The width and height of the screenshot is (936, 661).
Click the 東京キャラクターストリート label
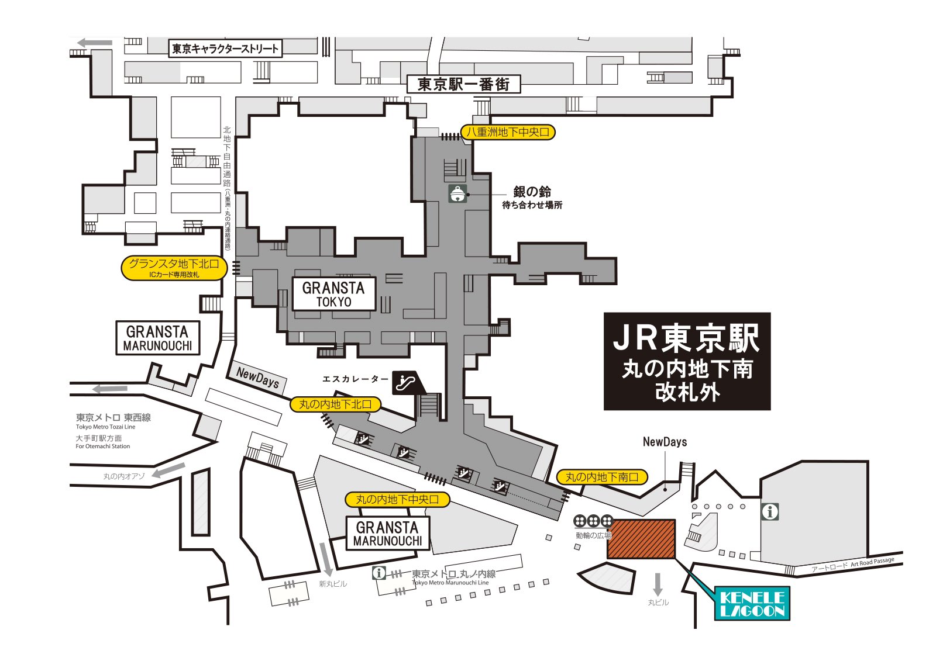[225, 49]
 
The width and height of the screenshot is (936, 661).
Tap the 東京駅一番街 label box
[463, 84]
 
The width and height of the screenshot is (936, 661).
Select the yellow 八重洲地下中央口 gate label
[507, 133]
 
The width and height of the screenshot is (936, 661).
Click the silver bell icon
[457, 193]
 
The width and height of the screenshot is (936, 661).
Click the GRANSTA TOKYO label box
[333, 294]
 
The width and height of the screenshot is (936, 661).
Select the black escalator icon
[407, 382]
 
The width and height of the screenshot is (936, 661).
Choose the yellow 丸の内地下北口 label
[335, 404]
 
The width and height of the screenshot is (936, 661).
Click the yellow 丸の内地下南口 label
[601, 477]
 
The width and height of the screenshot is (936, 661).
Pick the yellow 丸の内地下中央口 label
[397, 500]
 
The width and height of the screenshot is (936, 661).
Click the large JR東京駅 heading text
[686, 339]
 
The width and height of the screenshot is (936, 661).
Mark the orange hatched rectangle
[641, 539]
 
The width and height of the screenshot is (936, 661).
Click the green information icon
[770, 512]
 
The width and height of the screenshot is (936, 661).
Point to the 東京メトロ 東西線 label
[113, 417]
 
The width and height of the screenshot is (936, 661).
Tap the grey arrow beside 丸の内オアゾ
[169, 470]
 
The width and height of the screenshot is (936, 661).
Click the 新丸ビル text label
[333, 584]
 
